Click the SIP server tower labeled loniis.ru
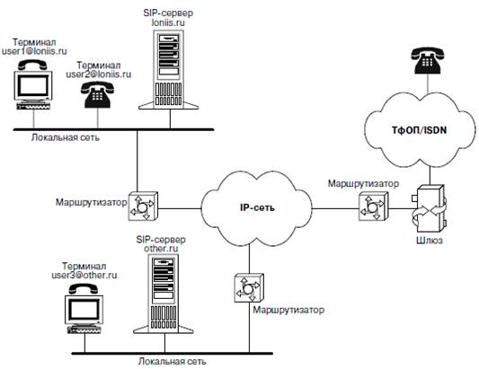(169, 70)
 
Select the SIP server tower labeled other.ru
(164, 294)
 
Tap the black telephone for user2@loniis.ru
(97, 94)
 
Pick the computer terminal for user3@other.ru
(84, 308)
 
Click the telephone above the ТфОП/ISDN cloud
(428, 60)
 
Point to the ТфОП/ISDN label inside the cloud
(419, 130)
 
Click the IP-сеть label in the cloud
(257, 208)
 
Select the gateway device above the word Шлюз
(430, 209)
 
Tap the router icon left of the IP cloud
(143, 206)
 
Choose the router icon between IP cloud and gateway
(373, 206)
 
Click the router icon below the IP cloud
(249, 288)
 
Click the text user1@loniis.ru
(34, 51)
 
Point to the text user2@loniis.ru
(99, 75)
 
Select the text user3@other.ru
(84, 276)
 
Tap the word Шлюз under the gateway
(430, 241)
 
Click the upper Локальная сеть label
(66, 137)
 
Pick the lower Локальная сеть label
(173, 362)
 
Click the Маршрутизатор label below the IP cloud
(288, 310)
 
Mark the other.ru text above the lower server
(161, 249)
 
